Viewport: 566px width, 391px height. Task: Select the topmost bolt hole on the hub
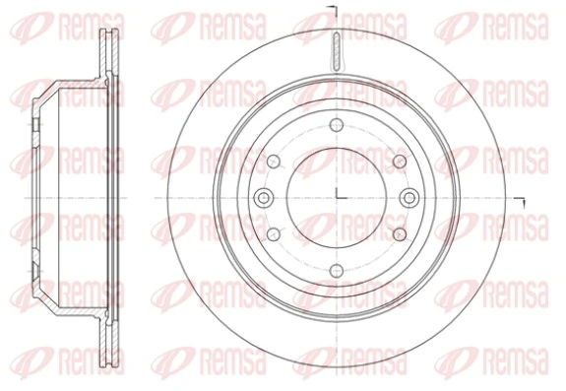tap(336, 125)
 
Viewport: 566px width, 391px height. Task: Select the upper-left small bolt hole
tap(274, 162)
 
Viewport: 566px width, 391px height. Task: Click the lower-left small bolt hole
tap(274, 233)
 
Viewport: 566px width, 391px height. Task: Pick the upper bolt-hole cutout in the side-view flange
tap(35, 125)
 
